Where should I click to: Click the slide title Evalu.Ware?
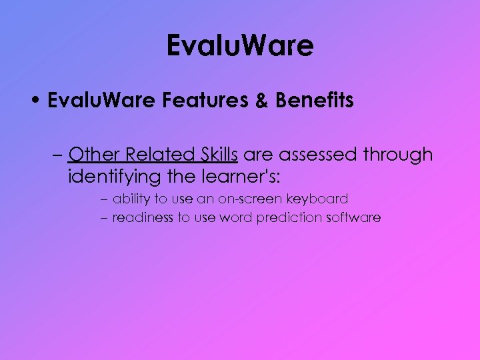pos(240,46)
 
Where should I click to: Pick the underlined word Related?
pos(155,155)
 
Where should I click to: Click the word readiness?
pos(143,217)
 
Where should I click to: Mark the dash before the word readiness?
pos(107,218)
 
